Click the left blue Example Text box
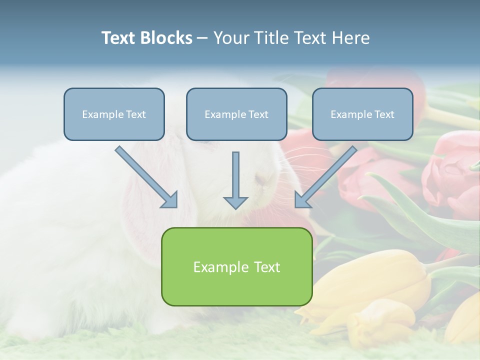(x=114, y=114)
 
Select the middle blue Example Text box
(x=236, y=114)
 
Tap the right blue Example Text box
(x=362, y=114)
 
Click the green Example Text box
(x=236, y=266)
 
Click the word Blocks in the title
(x=167, y=38)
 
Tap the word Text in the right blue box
(x=384, y=114)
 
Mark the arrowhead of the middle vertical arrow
(x=235, y=202)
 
